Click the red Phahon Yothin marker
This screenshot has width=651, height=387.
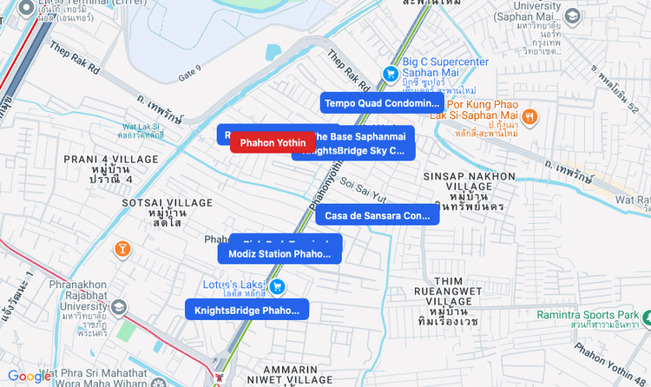(273, 142)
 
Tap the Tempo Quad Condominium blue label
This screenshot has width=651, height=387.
(382, 103)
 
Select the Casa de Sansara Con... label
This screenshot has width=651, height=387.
(377, 215)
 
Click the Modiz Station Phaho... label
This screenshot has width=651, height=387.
(279, 254)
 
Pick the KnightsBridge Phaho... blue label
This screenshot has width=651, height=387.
(247, 310)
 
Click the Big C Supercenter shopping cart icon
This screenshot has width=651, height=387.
(391, 75)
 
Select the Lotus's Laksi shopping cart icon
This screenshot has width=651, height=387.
(278, 287)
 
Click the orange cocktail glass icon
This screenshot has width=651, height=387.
(123, 250)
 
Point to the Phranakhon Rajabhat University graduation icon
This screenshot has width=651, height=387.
(118, 306)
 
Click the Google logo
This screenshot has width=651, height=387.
(30, 376)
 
